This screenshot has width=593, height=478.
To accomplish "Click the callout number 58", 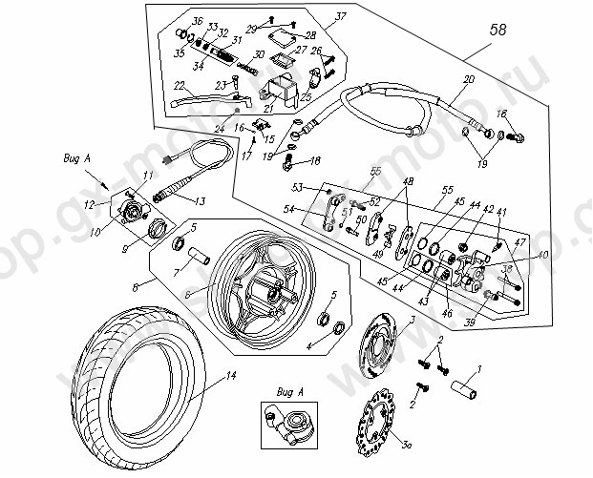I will pos(498,30).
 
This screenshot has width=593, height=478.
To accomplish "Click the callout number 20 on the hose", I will pos(469,80).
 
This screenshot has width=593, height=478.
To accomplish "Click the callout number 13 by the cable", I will pos(200,201).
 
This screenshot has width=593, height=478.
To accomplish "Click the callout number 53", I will pos(297,188).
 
